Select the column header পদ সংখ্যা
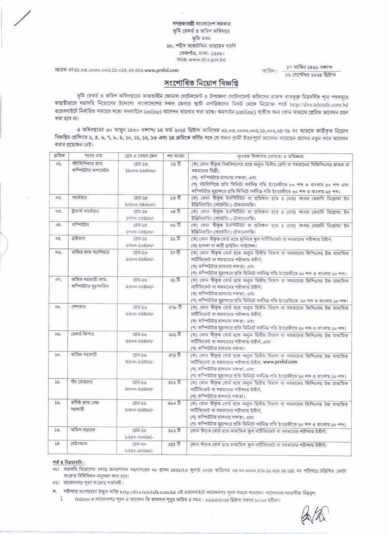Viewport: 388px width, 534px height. pos(176,156)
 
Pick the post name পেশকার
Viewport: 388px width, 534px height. pos(79,307)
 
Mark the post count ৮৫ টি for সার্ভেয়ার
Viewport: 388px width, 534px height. pos(175,198)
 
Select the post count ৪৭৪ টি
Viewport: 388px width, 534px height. pos(175,355)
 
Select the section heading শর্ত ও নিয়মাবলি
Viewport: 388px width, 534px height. pos(69,462)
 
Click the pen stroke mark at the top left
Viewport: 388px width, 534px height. pos(23,18)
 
